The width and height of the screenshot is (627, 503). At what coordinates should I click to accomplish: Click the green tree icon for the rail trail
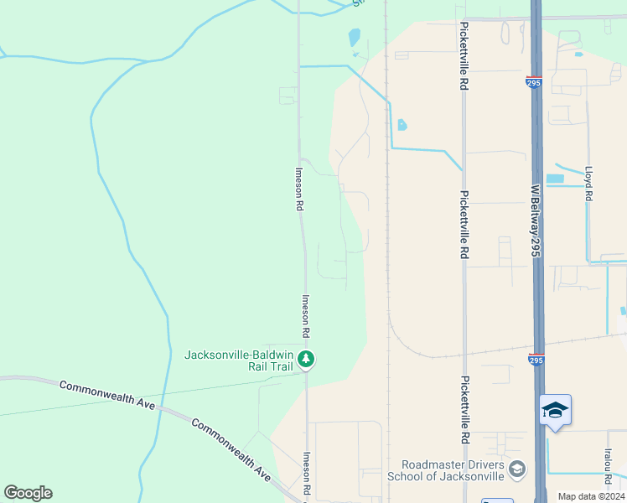click(x=307, y=360)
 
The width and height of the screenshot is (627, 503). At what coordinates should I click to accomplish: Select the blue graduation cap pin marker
click(x=555, y=410)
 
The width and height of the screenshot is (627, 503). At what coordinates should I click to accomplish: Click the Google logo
click(x=28, y=493)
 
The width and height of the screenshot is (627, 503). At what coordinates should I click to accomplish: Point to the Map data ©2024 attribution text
click(x=590, y=496)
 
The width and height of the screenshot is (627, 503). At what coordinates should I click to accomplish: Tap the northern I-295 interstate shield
click(x=534, y=82)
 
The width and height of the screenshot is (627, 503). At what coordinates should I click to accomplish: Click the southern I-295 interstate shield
click(x=536, y=360)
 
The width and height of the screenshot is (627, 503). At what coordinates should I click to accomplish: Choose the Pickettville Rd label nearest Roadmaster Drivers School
click(x=464, y=410)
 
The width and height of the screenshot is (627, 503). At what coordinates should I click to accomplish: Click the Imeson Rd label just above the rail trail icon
click(x=306, y=315)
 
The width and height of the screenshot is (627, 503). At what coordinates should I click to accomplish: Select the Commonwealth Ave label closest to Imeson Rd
click(x=231, y=449)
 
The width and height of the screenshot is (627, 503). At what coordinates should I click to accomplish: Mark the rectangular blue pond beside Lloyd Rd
click(x=555, y=179)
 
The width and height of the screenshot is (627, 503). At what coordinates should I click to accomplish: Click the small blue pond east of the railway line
click(x=402, y=126)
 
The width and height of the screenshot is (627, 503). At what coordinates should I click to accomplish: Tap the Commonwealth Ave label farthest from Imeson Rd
click(x=107, y=395)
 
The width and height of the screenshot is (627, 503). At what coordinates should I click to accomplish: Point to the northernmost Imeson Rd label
click(x=299, y=189)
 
